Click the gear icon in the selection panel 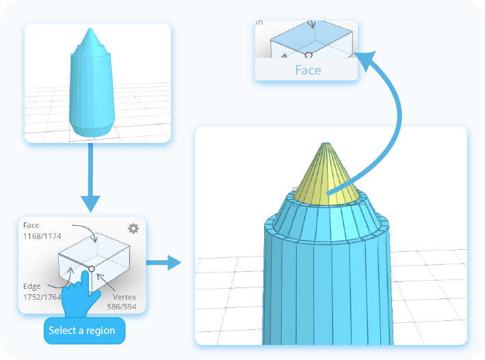(x=133, y=229)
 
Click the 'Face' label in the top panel (x=308, y=70)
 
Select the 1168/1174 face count (x=42, y=236)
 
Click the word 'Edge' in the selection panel (x=31, y=286)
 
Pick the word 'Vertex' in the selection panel (x=124, y=296)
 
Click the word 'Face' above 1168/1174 (x=31, y=225)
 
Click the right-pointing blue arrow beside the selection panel (x=165, y=262)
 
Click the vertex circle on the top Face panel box (x=309, y=54)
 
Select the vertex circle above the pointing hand (x=92, y=269)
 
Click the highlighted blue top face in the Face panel (x=312, y=36)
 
